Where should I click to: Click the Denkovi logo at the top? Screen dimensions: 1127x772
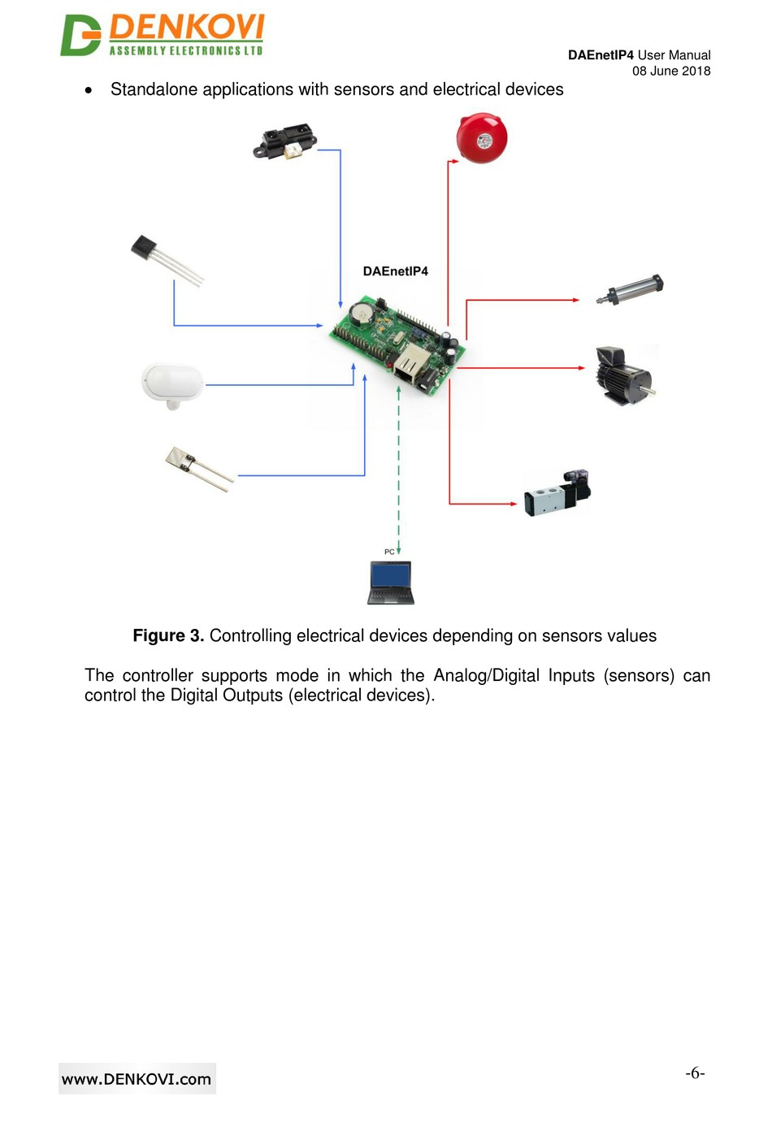click(163, 35)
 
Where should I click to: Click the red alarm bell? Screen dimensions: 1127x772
click(481, 138)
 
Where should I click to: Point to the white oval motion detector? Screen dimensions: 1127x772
click(172, 384)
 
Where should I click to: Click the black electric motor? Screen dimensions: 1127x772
click(622, 375)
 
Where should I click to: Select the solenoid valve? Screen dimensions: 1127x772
click(557, 492)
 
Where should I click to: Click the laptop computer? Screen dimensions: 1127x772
click(391, 583)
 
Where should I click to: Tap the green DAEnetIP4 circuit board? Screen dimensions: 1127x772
click(397, 345)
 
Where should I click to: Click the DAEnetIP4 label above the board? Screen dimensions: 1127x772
click(395, 271)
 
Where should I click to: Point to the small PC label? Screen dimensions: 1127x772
click(389, 552)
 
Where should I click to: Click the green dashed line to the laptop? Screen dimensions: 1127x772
click(398, 471)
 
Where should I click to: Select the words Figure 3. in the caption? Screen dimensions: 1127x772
click(168, 635)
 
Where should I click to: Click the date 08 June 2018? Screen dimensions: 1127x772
click(671, 71)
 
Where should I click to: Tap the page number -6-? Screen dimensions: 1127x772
click(695, 1073)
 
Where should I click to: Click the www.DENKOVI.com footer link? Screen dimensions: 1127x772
click(137, 1079)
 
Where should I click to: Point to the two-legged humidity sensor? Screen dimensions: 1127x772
click(197, 469)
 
